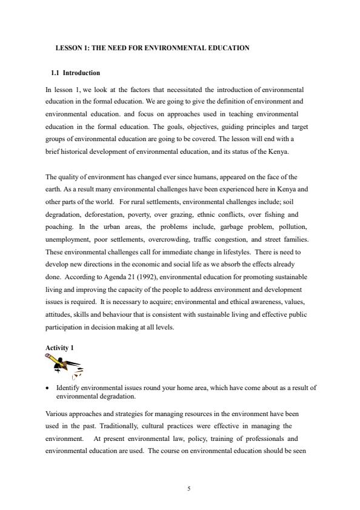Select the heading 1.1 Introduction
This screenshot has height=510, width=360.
76,73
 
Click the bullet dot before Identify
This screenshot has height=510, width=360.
48,388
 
